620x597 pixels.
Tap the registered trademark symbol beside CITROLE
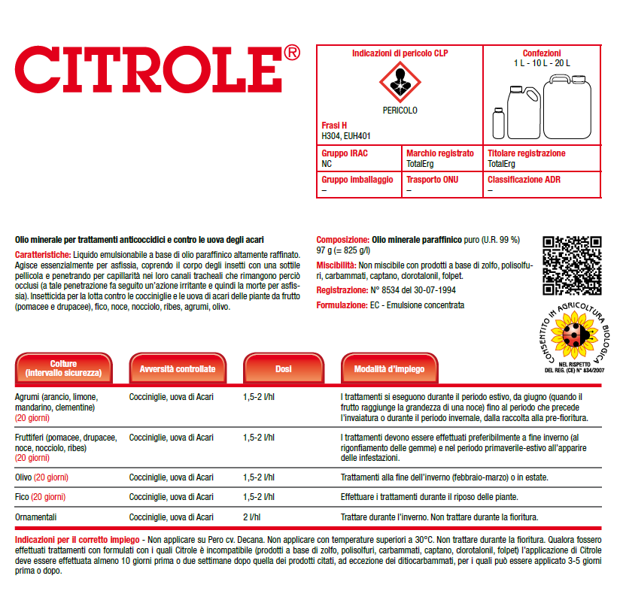click(x=293, y=53)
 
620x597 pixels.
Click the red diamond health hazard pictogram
click(x=399, y=81)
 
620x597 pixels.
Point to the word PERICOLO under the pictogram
click(x=399, y=111)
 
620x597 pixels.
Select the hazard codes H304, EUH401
click(x=346, y=136)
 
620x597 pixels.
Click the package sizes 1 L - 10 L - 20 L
click(x=542, y=63)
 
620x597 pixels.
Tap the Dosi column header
click(x=284, y=369)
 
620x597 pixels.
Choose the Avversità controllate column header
click(x=178, y=369)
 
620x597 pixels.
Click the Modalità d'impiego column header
click(x=389, y=369)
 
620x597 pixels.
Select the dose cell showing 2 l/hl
click(x=251, y=517)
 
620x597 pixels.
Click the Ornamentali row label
click(x=36, y=517)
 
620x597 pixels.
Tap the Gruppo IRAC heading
click(x=345, y=153)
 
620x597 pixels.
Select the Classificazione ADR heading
click(x=524, y=180)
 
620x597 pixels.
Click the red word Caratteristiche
click(x=42, y=255)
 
